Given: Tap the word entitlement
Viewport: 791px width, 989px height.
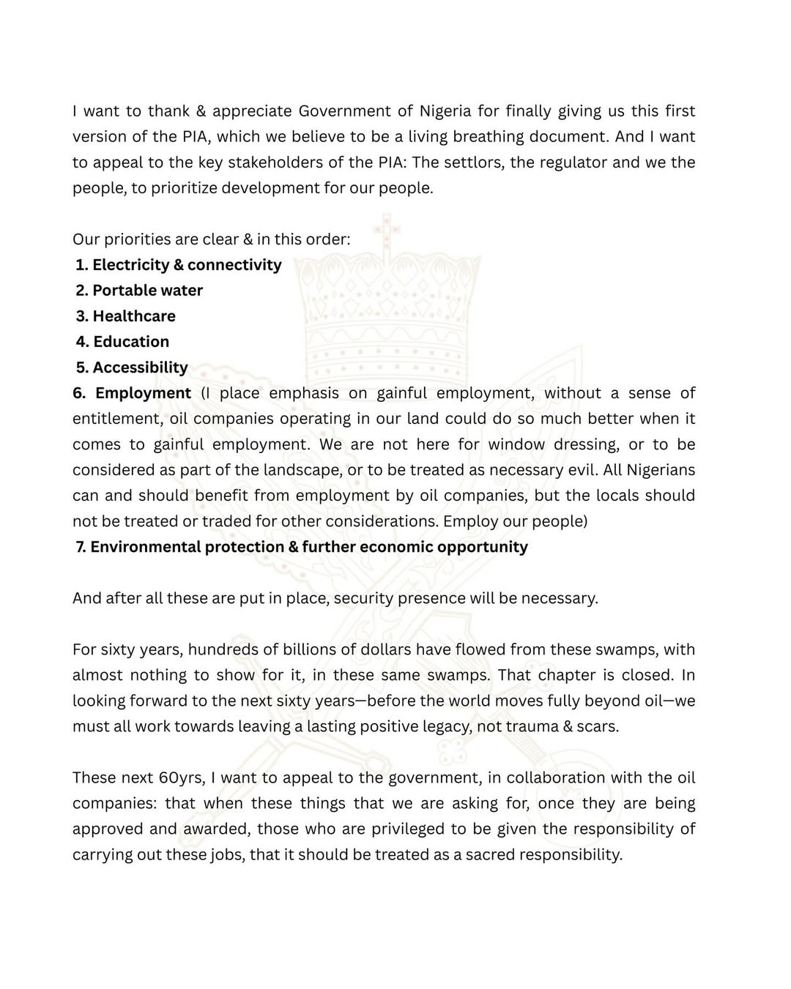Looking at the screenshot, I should click(117, 419).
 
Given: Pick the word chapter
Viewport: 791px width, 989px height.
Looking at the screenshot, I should click(546, 675).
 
